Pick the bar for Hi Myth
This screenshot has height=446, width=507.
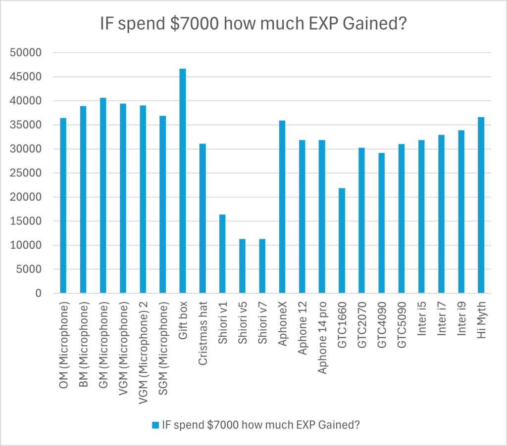coord(481,205)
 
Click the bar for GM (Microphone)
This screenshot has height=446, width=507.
coord(103,195)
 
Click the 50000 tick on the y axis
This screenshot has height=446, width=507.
coord(31,53)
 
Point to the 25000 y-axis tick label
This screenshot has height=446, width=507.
coord(31,173)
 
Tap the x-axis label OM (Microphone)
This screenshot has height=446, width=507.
coord(63,346)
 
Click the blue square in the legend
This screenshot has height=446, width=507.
coord(155,425)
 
